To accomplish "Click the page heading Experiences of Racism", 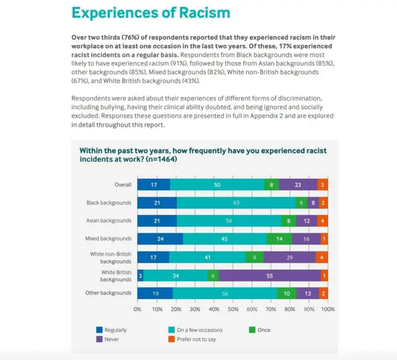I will pyautogui.click(x=151, y=12).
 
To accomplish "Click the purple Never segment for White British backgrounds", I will pyautogui.click(x=269, y=275).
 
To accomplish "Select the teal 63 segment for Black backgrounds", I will pyautogui.click(x=236, y=203).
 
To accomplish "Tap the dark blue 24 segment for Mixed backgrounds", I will pyautogui.click(x=160, y=239).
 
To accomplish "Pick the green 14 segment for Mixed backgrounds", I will pyautogui.click(x=279, y=239).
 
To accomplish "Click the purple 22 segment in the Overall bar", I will pyautogui.click(x=298, y=184).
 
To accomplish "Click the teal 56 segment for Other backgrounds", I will pyautogui.click(x=225, y=293).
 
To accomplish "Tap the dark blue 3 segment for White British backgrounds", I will pyautogui.click(x=140, y=275).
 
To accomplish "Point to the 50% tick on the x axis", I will pyautogui.click(x=233, y=308).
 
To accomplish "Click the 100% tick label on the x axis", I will pyautogui.click(x=328, y=308).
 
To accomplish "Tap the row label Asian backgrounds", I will pyautogui.click(x=109, y=221).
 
